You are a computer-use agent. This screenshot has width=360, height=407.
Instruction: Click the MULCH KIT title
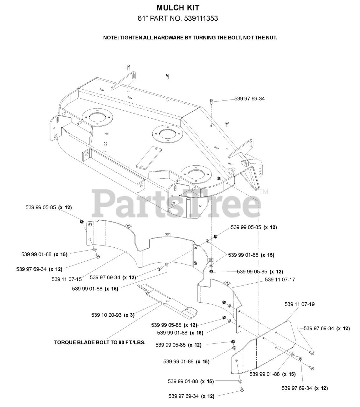178,8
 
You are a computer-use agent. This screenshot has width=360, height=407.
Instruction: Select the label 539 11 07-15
66,279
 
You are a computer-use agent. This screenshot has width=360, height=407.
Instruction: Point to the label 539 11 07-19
299,304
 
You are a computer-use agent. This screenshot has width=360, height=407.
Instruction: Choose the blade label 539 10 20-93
106,315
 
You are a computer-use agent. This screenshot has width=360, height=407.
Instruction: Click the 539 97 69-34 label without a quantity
249,99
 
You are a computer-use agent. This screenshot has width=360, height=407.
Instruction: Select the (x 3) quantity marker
129,315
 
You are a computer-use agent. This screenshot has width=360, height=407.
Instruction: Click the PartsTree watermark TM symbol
264,192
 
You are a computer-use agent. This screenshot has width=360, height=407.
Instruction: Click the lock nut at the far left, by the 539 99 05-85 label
81,221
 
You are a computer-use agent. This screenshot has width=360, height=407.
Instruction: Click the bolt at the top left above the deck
128,66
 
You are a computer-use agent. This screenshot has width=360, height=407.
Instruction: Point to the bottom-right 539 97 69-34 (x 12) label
305,388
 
